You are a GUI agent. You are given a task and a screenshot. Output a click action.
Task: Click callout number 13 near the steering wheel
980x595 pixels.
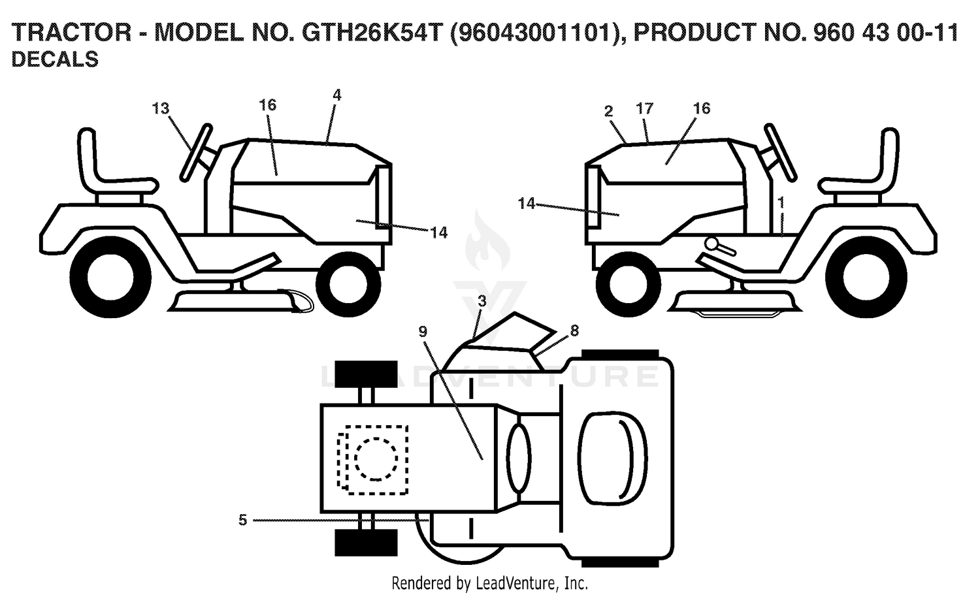pos(161,108)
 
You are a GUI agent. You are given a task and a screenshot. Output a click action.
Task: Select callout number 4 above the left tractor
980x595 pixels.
pos(336,95)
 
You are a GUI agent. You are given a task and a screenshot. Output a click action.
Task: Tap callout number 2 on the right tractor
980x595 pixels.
pos(608,112)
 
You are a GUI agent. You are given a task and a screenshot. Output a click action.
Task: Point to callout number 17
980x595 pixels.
pos(644,108)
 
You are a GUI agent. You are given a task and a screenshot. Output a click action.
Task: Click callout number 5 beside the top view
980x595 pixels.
pos(243,520)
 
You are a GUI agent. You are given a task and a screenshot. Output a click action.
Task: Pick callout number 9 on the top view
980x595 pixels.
pos(422,332)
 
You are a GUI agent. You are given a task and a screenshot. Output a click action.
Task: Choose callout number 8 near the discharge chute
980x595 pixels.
pos(574,330)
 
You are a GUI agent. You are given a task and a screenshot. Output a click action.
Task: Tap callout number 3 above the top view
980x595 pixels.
pos(482,300)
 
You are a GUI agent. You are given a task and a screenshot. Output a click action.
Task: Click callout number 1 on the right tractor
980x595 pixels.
pos(781,202)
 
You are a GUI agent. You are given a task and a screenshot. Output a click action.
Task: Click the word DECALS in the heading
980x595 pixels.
pos(55,59)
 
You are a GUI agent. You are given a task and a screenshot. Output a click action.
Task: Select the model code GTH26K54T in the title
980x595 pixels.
pos(370,33)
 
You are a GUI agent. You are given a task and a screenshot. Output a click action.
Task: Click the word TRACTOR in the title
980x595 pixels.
pos(71,33)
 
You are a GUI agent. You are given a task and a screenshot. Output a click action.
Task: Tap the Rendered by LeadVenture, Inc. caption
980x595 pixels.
pos(489,583)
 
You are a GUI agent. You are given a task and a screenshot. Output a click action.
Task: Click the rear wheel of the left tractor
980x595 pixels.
pos(110,277)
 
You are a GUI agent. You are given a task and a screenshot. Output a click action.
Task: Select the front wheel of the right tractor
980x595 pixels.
pos(629,284)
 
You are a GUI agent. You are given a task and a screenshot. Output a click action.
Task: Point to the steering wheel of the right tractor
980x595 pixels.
pos(779,152)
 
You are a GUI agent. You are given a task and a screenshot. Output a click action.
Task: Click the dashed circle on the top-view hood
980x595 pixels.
pos(376,459)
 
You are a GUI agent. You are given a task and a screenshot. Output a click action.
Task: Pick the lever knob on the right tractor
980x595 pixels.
pos(712,243)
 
